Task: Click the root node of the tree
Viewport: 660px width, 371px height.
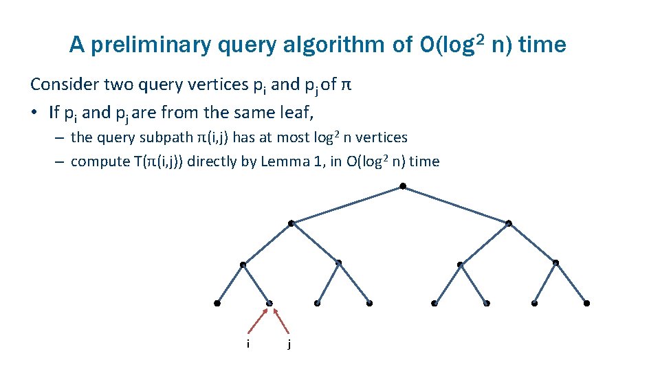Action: coord(402,186)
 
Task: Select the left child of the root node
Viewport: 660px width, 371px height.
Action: coord(291,223)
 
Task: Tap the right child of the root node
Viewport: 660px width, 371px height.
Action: coord(508,223)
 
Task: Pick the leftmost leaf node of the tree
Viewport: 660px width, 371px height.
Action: coord(217,303)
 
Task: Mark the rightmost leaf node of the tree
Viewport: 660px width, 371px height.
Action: coord(586,303)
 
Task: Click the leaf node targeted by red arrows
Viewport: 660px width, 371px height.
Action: coord(269,303)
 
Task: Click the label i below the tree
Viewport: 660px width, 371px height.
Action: coord(247,343)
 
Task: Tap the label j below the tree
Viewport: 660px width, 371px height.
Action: coord(289,344)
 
